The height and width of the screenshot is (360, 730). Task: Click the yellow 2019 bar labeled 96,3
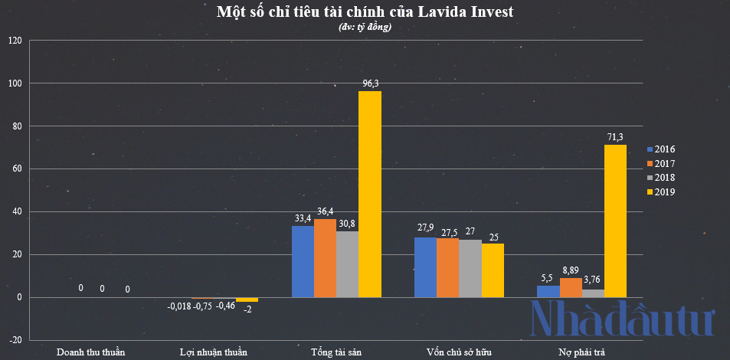[x=370, y=194]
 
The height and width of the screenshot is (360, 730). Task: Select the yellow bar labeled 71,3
[x=615, y=221]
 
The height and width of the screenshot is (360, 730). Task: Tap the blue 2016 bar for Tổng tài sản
[x=303, y=261]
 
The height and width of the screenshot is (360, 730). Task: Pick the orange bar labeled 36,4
[x=325, y=258]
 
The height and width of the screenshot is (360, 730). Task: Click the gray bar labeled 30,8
[x=347, y=264]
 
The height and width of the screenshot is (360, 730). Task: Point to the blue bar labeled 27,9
[x=425, y=267]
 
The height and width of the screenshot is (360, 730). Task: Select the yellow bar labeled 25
[x=493, y=270]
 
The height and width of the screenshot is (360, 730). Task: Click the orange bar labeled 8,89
[x=571, y=287]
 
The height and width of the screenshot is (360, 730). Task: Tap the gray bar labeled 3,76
[x=593, y=293]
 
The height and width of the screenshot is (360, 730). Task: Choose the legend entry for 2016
[x=661, y=149]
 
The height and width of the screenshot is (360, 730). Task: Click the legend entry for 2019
[x=661, y=191]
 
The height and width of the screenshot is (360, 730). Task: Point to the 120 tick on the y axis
[x=15, y=41]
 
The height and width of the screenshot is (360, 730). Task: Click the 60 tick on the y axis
[x=17, y=169]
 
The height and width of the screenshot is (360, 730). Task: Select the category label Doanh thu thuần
[x=91, y=352]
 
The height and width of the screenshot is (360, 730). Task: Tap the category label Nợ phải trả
[x=581, y=352]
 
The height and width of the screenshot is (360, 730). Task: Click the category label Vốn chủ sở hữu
[x=459, y=352]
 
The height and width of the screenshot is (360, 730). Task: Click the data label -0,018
[x=179, y=306]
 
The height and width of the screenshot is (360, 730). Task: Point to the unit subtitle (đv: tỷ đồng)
[x=365, y=28]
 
